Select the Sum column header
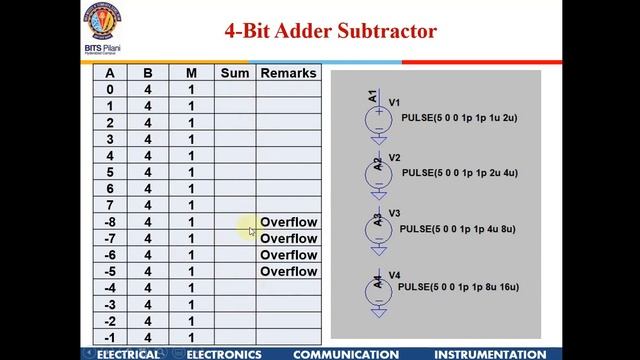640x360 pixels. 234,73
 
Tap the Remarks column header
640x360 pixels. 288,73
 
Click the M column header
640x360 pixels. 191,73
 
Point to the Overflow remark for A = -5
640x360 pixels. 288,271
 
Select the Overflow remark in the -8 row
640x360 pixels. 288,222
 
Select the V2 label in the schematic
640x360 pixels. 394,158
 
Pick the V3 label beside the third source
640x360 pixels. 394,213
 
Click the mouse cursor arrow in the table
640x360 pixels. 252,231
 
